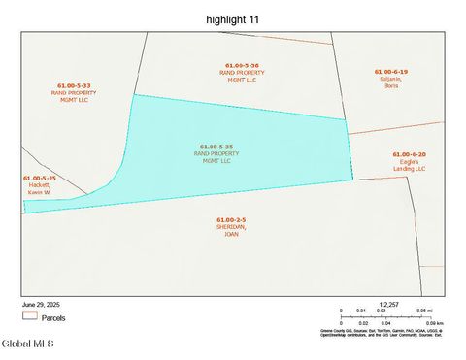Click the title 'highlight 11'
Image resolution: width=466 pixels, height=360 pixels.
[x=233, y=18]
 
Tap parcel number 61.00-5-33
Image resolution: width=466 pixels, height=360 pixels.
[x=73, y=85]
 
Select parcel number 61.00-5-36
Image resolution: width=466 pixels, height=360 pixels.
[x=242, y=65]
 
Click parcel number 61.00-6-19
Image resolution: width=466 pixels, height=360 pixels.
[x=391, y=72]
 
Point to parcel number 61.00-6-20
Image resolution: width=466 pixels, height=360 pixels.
[x=409, y=154]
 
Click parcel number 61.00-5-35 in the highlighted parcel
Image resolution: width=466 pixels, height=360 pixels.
[x=216, y=147]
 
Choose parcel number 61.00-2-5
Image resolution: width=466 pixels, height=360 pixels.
[x=231, y=220]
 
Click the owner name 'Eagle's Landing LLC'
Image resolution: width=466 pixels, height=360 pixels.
[x=409, y=165]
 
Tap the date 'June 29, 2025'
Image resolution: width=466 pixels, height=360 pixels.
[x=41, y=304]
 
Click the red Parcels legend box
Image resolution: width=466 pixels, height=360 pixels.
[x=29, y=316]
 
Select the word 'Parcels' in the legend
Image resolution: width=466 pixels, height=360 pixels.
[x=53, y=316]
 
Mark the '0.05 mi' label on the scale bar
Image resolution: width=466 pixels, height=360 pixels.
[x=423, y=311]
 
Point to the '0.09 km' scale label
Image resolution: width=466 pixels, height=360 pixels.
[x=433, y=323]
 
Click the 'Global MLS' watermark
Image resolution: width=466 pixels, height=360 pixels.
[x=28, y=344]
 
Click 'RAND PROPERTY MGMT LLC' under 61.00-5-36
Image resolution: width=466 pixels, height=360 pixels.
[x=242, y=76]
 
